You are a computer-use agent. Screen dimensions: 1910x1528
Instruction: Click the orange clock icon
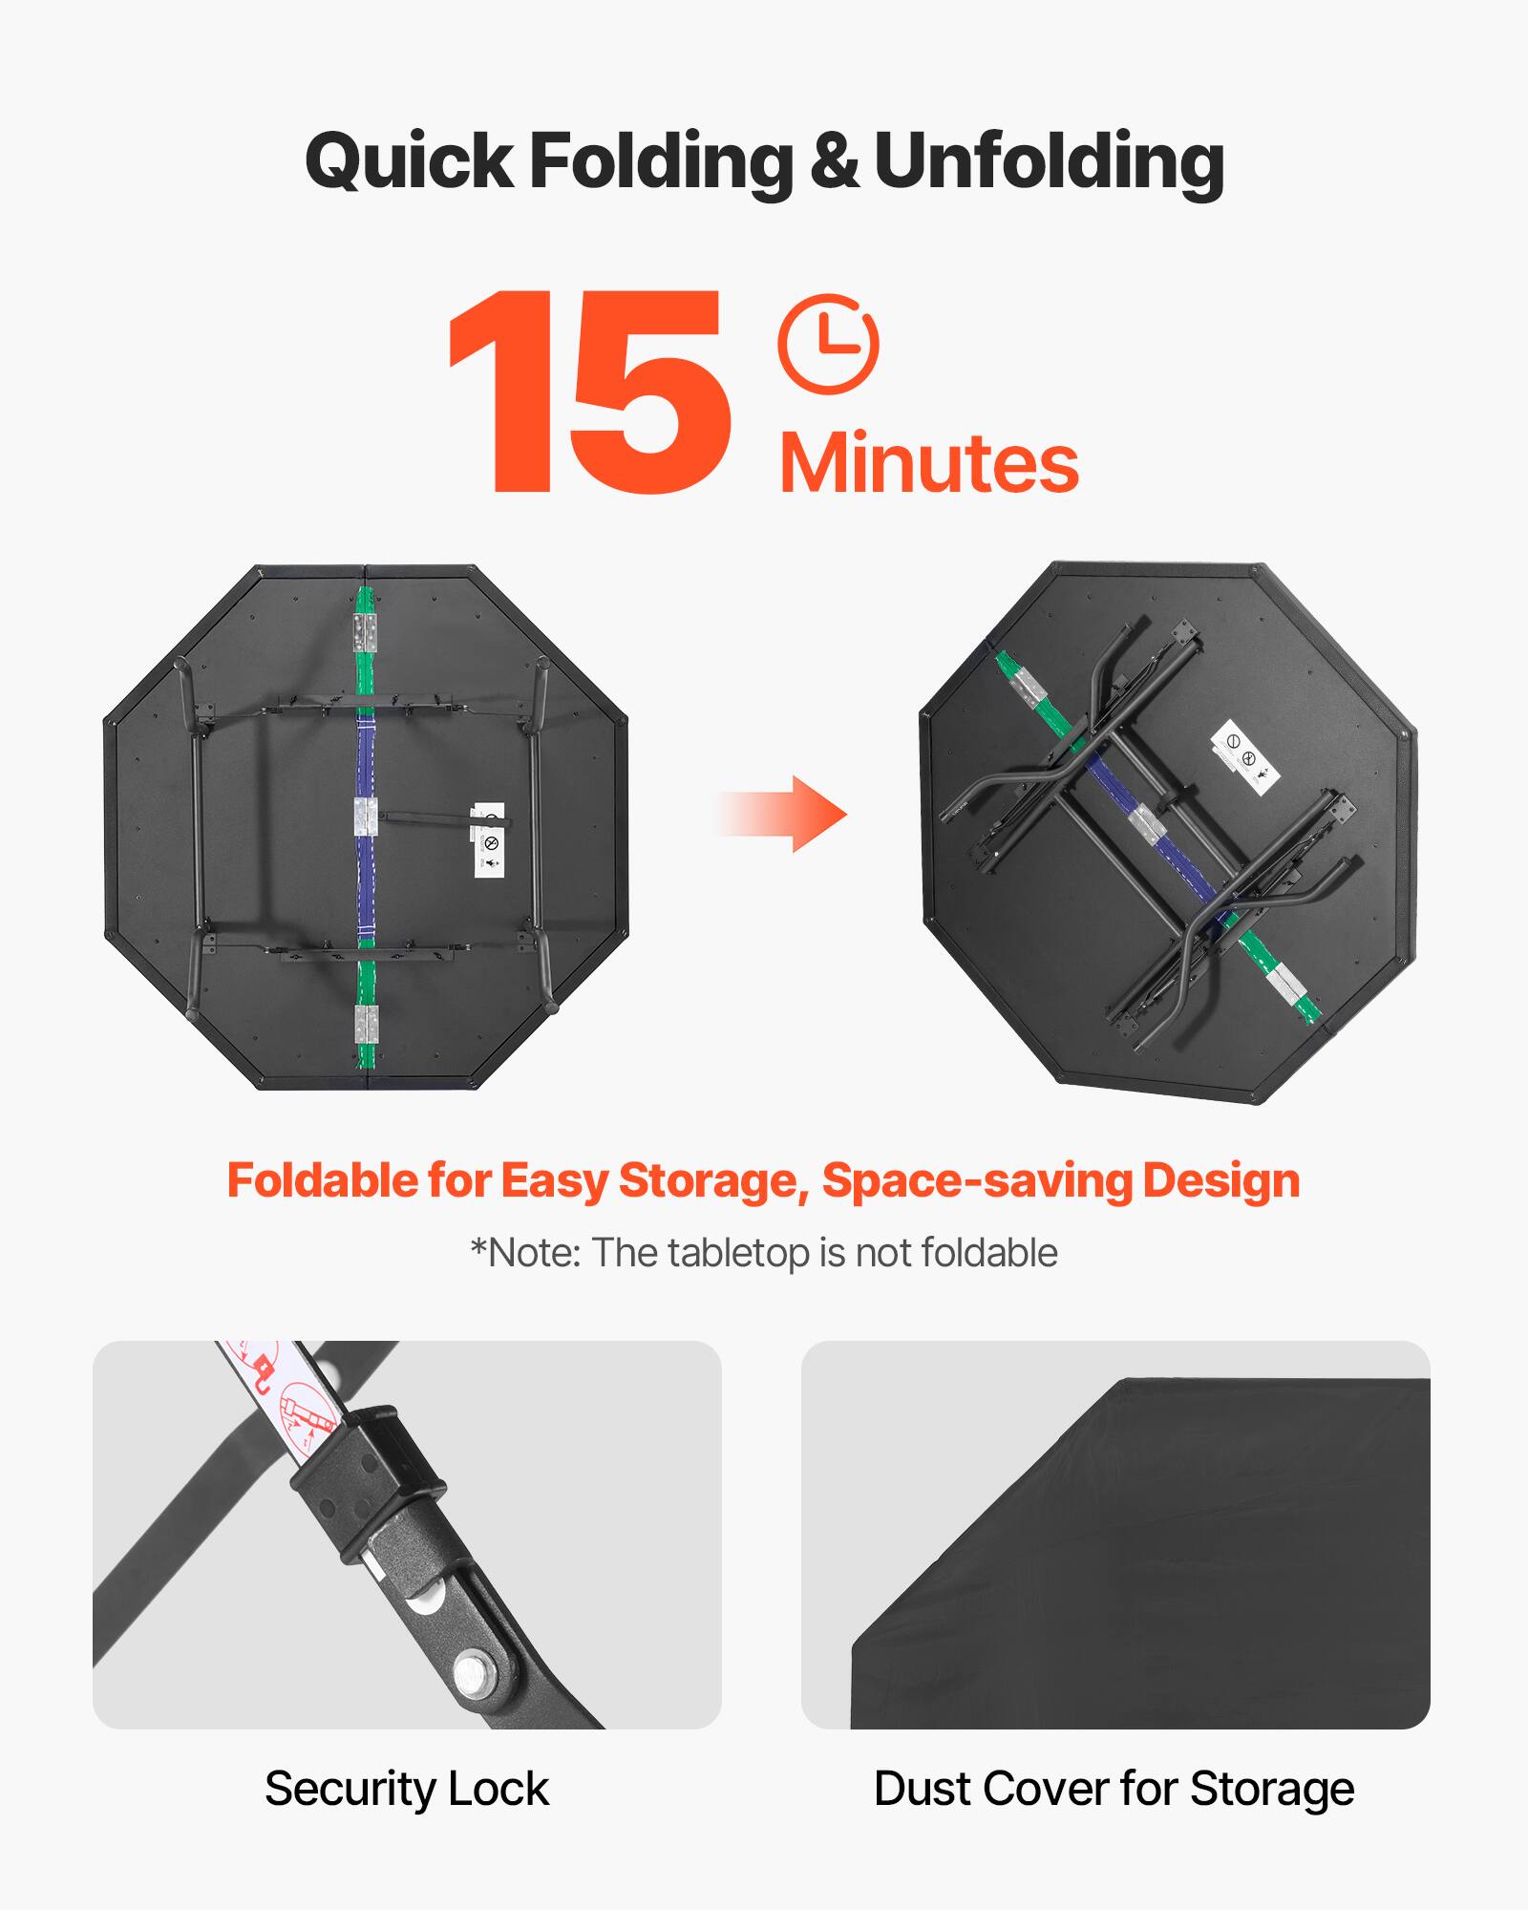pos(828,344)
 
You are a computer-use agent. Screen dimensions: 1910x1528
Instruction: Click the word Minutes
pos(928,464)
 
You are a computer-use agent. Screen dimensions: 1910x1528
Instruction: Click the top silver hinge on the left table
pos(365,632)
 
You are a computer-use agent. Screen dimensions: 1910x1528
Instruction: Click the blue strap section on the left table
pos(365,764)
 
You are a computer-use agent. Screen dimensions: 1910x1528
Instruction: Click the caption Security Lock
pos(407,1788)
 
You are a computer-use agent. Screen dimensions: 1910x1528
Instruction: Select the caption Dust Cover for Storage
pos(1114,1788)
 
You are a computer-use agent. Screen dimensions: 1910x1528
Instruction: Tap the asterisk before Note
pos(477,1247)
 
